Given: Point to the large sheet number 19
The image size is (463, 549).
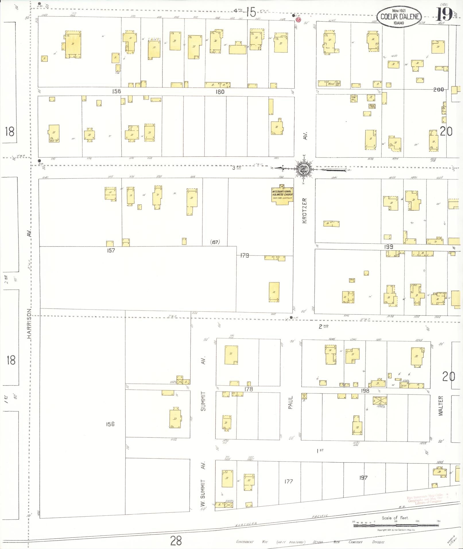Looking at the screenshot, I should (444, 14).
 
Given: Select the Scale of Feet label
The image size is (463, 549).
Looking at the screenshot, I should (395, 518).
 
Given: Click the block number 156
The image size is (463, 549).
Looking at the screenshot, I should (110, 424).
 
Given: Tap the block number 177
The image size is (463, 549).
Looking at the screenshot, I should (288, 481).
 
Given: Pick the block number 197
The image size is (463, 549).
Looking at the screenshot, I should (363, 478).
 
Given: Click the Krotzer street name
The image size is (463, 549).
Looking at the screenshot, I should (305, 210).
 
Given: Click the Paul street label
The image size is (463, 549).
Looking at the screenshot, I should (290, 402).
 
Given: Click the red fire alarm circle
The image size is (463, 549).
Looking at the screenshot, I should (298, 20).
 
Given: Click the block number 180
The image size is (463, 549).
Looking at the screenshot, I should (220, 92).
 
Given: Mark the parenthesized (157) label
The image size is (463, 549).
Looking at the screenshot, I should (215, 242).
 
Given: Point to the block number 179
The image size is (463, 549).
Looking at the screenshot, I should (245, 255).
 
